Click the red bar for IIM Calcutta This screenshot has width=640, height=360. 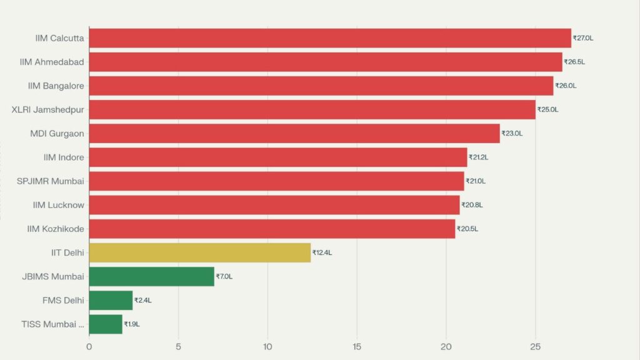pyautogui.click(x=330, y=38)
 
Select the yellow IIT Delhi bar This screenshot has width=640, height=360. pyautogui.click(x=200, y=253)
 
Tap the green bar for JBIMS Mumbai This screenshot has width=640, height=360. pyautogui.click(x=151, y=276)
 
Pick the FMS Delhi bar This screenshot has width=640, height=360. pyautogui.click(x=111, y=301)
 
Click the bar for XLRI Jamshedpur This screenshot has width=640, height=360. pyautogui.click(x=312, y=109)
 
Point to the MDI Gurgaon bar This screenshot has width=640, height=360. pyautogui.click(x=294, y=133)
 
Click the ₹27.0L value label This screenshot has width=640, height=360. pyautogui.click(x=583, y=38)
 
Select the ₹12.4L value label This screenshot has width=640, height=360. pyautogui.click(x=322, y=253)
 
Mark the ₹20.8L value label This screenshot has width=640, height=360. pyautogui.click(x=472, y=205)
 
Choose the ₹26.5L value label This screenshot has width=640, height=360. pyautogui.click(x=574, y=62)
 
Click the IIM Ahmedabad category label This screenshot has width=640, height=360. pyautogui.click(x=56, y=62)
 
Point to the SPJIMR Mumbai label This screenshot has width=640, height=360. pyautogui.click(x=51, y=181)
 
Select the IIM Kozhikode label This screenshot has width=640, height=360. pyautogui.click(x=56, y=229)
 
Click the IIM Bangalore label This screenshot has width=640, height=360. pyautogui.click(x=56, y=86)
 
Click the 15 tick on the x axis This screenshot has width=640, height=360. pyautogui.click(x=357, y=346)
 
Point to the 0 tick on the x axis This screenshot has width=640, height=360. pyautogui.click(x=89, y=346)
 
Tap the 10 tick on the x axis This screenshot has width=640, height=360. pyautogui.click(x=267, y=346)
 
